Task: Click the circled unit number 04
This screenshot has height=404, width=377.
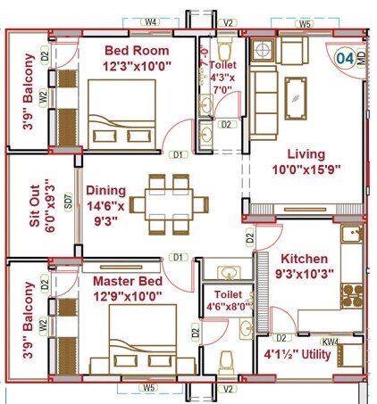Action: (x=344, y=59)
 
